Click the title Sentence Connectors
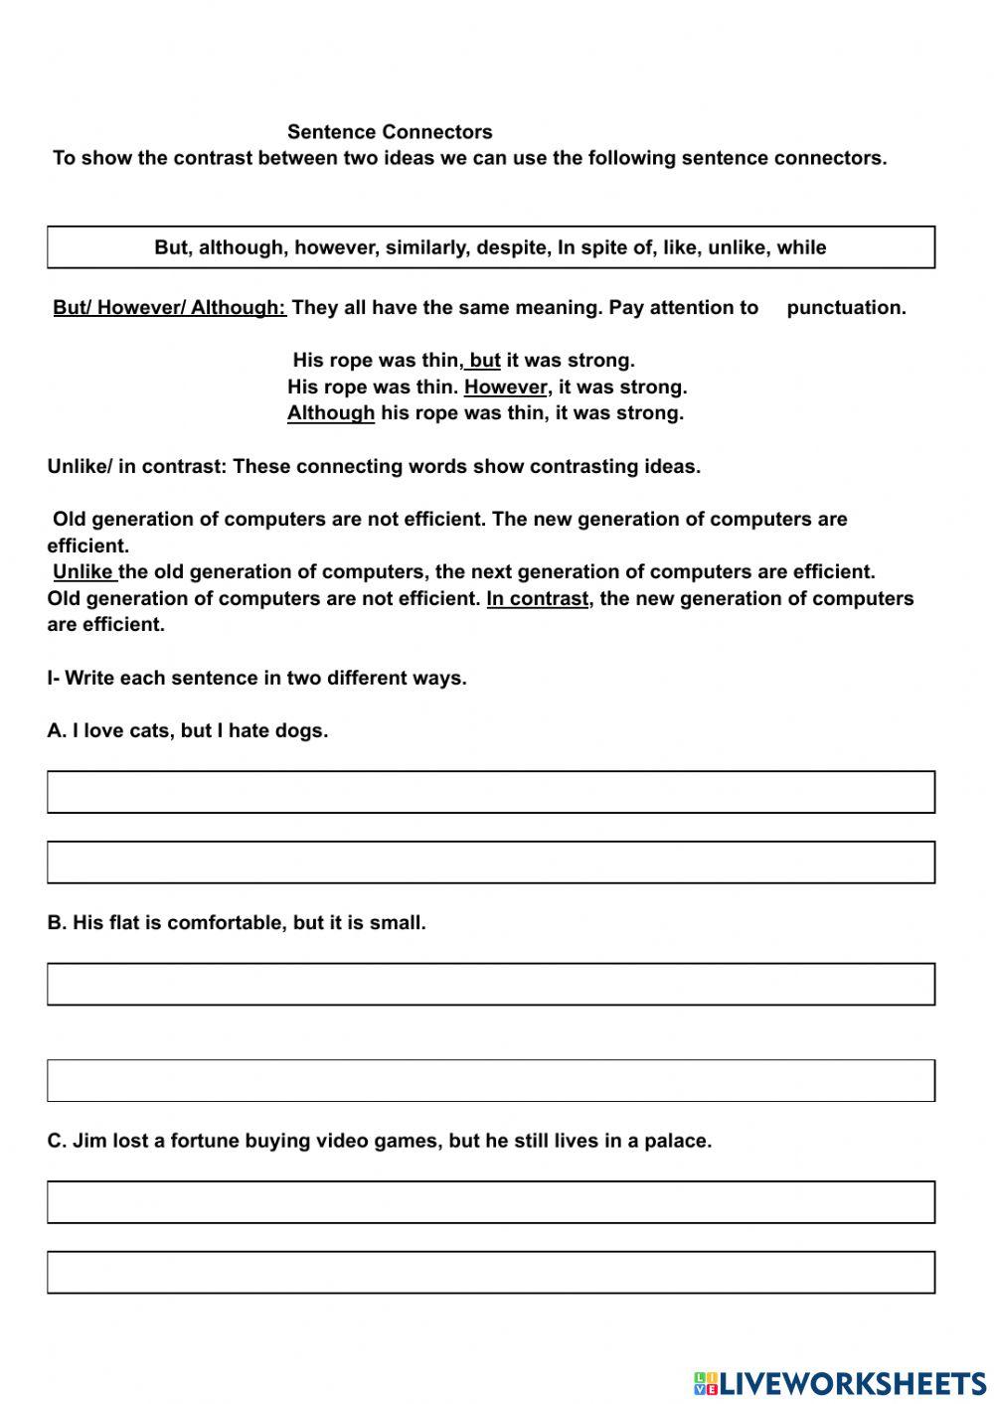coord(390,132)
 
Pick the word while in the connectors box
coord(801,247)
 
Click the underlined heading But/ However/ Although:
coord(169,308)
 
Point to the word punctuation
coord(845,308)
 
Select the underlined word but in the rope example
coord(484,361)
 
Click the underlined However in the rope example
coord(505,388)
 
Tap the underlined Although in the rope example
coord(331,413)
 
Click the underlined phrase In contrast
coord(537,599)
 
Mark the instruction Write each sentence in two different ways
coord(256,679)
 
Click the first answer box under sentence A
coord(491,792)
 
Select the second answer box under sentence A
coord(491,862)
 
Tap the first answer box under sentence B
coord(491,984)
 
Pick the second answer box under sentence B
coord(491,1080)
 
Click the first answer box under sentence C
coord(491,1202)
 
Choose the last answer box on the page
coord(491,1272)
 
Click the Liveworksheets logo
coord(840,1383)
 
